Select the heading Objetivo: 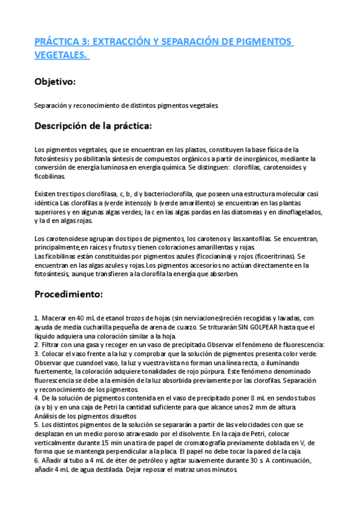(x=55, y=81)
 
